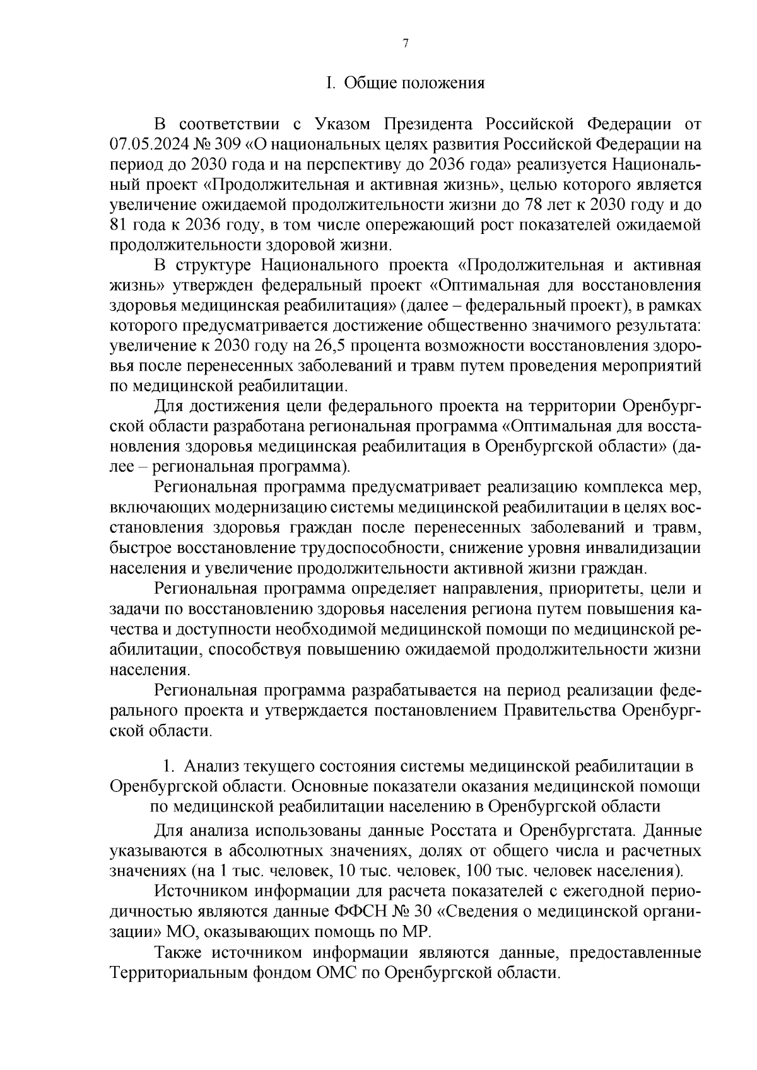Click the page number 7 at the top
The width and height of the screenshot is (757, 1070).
[x=406, y=43]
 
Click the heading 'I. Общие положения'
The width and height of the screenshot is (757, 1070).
[x=405, y=83]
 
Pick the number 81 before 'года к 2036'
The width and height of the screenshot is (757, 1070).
[x=119, y=225]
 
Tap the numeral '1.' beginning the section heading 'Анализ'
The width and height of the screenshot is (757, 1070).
[x=168, y=767]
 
